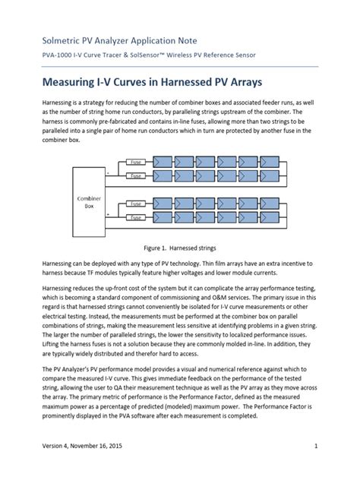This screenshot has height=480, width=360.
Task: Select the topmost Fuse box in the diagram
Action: pos(137,163)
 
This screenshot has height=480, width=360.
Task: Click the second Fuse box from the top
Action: pos(137,175)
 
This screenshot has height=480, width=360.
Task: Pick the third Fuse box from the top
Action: pos(137,204)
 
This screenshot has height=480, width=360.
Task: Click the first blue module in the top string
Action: pos(163,162)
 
